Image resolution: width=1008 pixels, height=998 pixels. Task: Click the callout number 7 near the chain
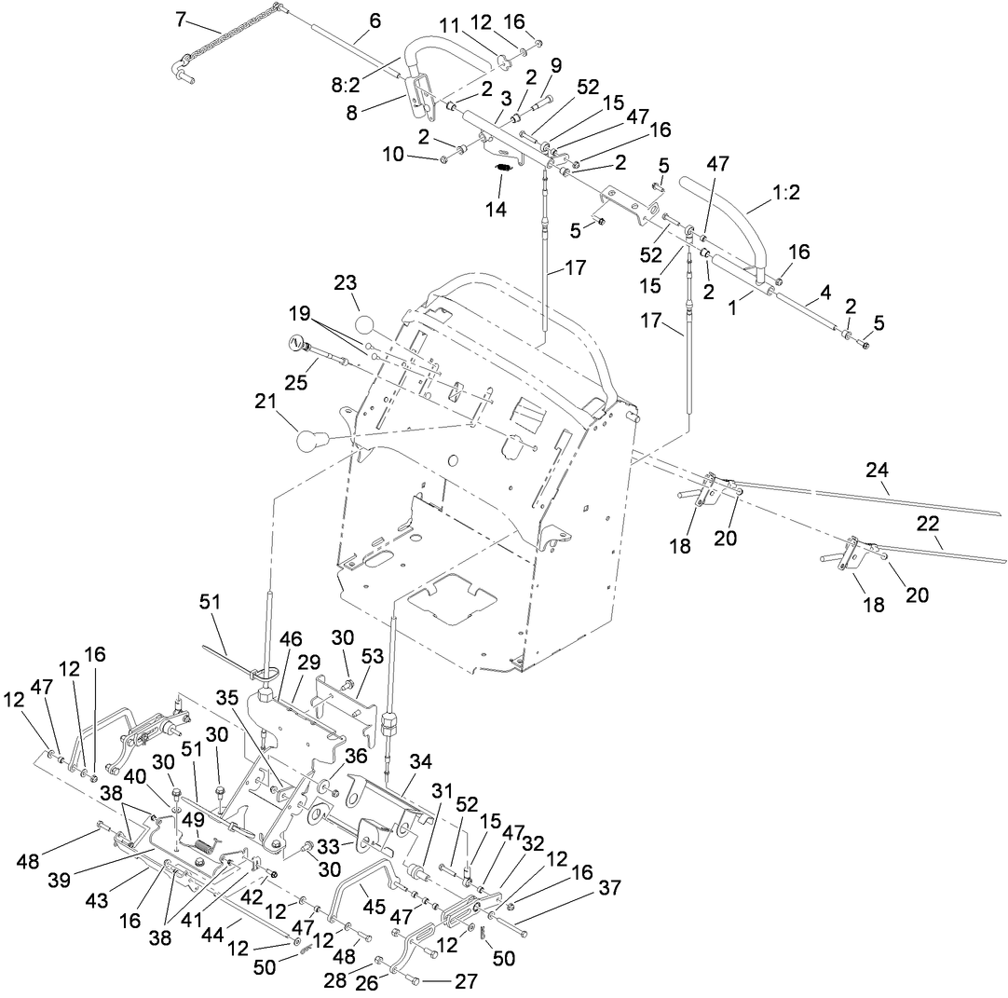(x=181, y=19)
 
